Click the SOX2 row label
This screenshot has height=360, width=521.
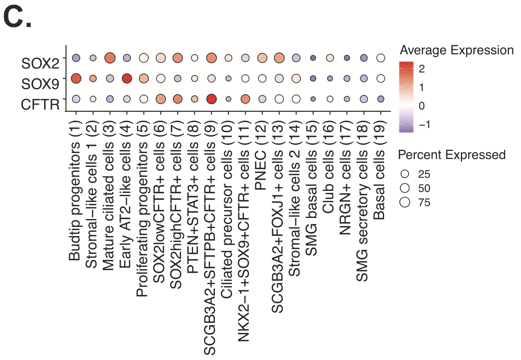tap(40, 63)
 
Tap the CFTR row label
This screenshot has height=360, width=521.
tap(40, 104)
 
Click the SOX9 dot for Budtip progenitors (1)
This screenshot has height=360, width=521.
tap(76, 78)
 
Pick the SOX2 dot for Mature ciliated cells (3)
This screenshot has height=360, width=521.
tap(110, 58)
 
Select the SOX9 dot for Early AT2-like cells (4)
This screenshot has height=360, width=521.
tap(127, 78)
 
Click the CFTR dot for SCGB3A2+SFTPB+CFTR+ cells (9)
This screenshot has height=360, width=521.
tap(211, 99)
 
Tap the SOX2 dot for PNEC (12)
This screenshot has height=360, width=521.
tap(262, 58)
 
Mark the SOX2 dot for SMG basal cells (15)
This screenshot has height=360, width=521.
tap(313, 58)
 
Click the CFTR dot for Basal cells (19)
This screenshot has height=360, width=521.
tap(380, 99)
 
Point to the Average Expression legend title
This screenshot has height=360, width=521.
tap(456, 50)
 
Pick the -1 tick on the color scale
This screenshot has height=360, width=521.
tap(424, 124)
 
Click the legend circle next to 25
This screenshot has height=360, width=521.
tap(405, 174)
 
